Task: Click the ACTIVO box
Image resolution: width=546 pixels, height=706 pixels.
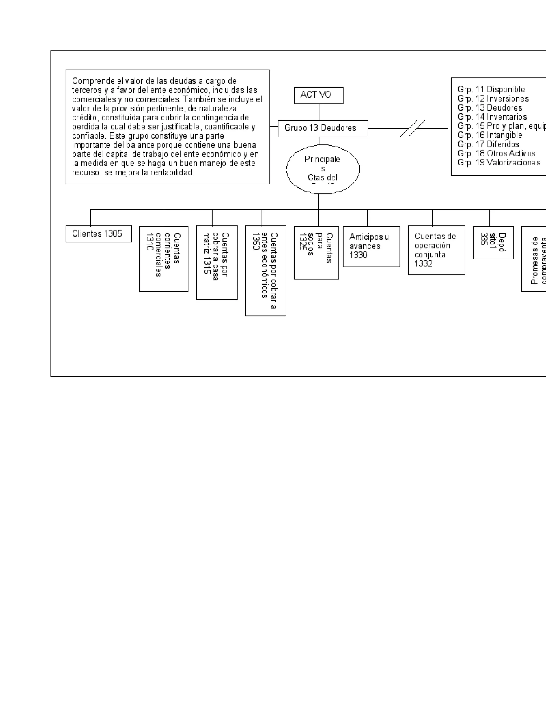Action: (x=318, y=95)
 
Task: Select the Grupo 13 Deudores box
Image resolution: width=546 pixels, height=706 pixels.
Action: (x=323, y=129)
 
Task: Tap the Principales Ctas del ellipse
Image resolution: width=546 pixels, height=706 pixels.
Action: (x=323, y=169)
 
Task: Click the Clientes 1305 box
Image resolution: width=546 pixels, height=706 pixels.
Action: (x=98, y=234)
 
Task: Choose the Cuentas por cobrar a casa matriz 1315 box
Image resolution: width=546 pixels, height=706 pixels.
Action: (x=217, y=262)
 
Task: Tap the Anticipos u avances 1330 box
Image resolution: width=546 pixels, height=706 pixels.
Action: (x=371, y=246)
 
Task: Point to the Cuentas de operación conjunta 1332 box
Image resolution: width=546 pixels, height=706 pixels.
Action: (x=436, y=250)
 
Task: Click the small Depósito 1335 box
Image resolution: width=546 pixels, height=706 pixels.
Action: (x=493, y=242)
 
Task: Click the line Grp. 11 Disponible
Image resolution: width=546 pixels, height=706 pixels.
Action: (x=491, y=90)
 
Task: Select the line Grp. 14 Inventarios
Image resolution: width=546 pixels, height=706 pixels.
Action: (x=492, y=117)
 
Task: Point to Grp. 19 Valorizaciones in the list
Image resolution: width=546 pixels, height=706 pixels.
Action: (x=499, y=163)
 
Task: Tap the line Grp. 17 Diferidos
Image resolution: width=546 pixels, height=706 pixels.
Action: (x=488, y=144)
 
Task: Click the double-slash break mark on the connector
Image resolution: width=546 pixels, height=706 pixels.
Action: (x=412, y=129)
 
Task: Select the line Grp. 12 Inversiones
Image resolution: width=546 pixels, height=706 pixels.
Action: (x=493, y=99)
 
